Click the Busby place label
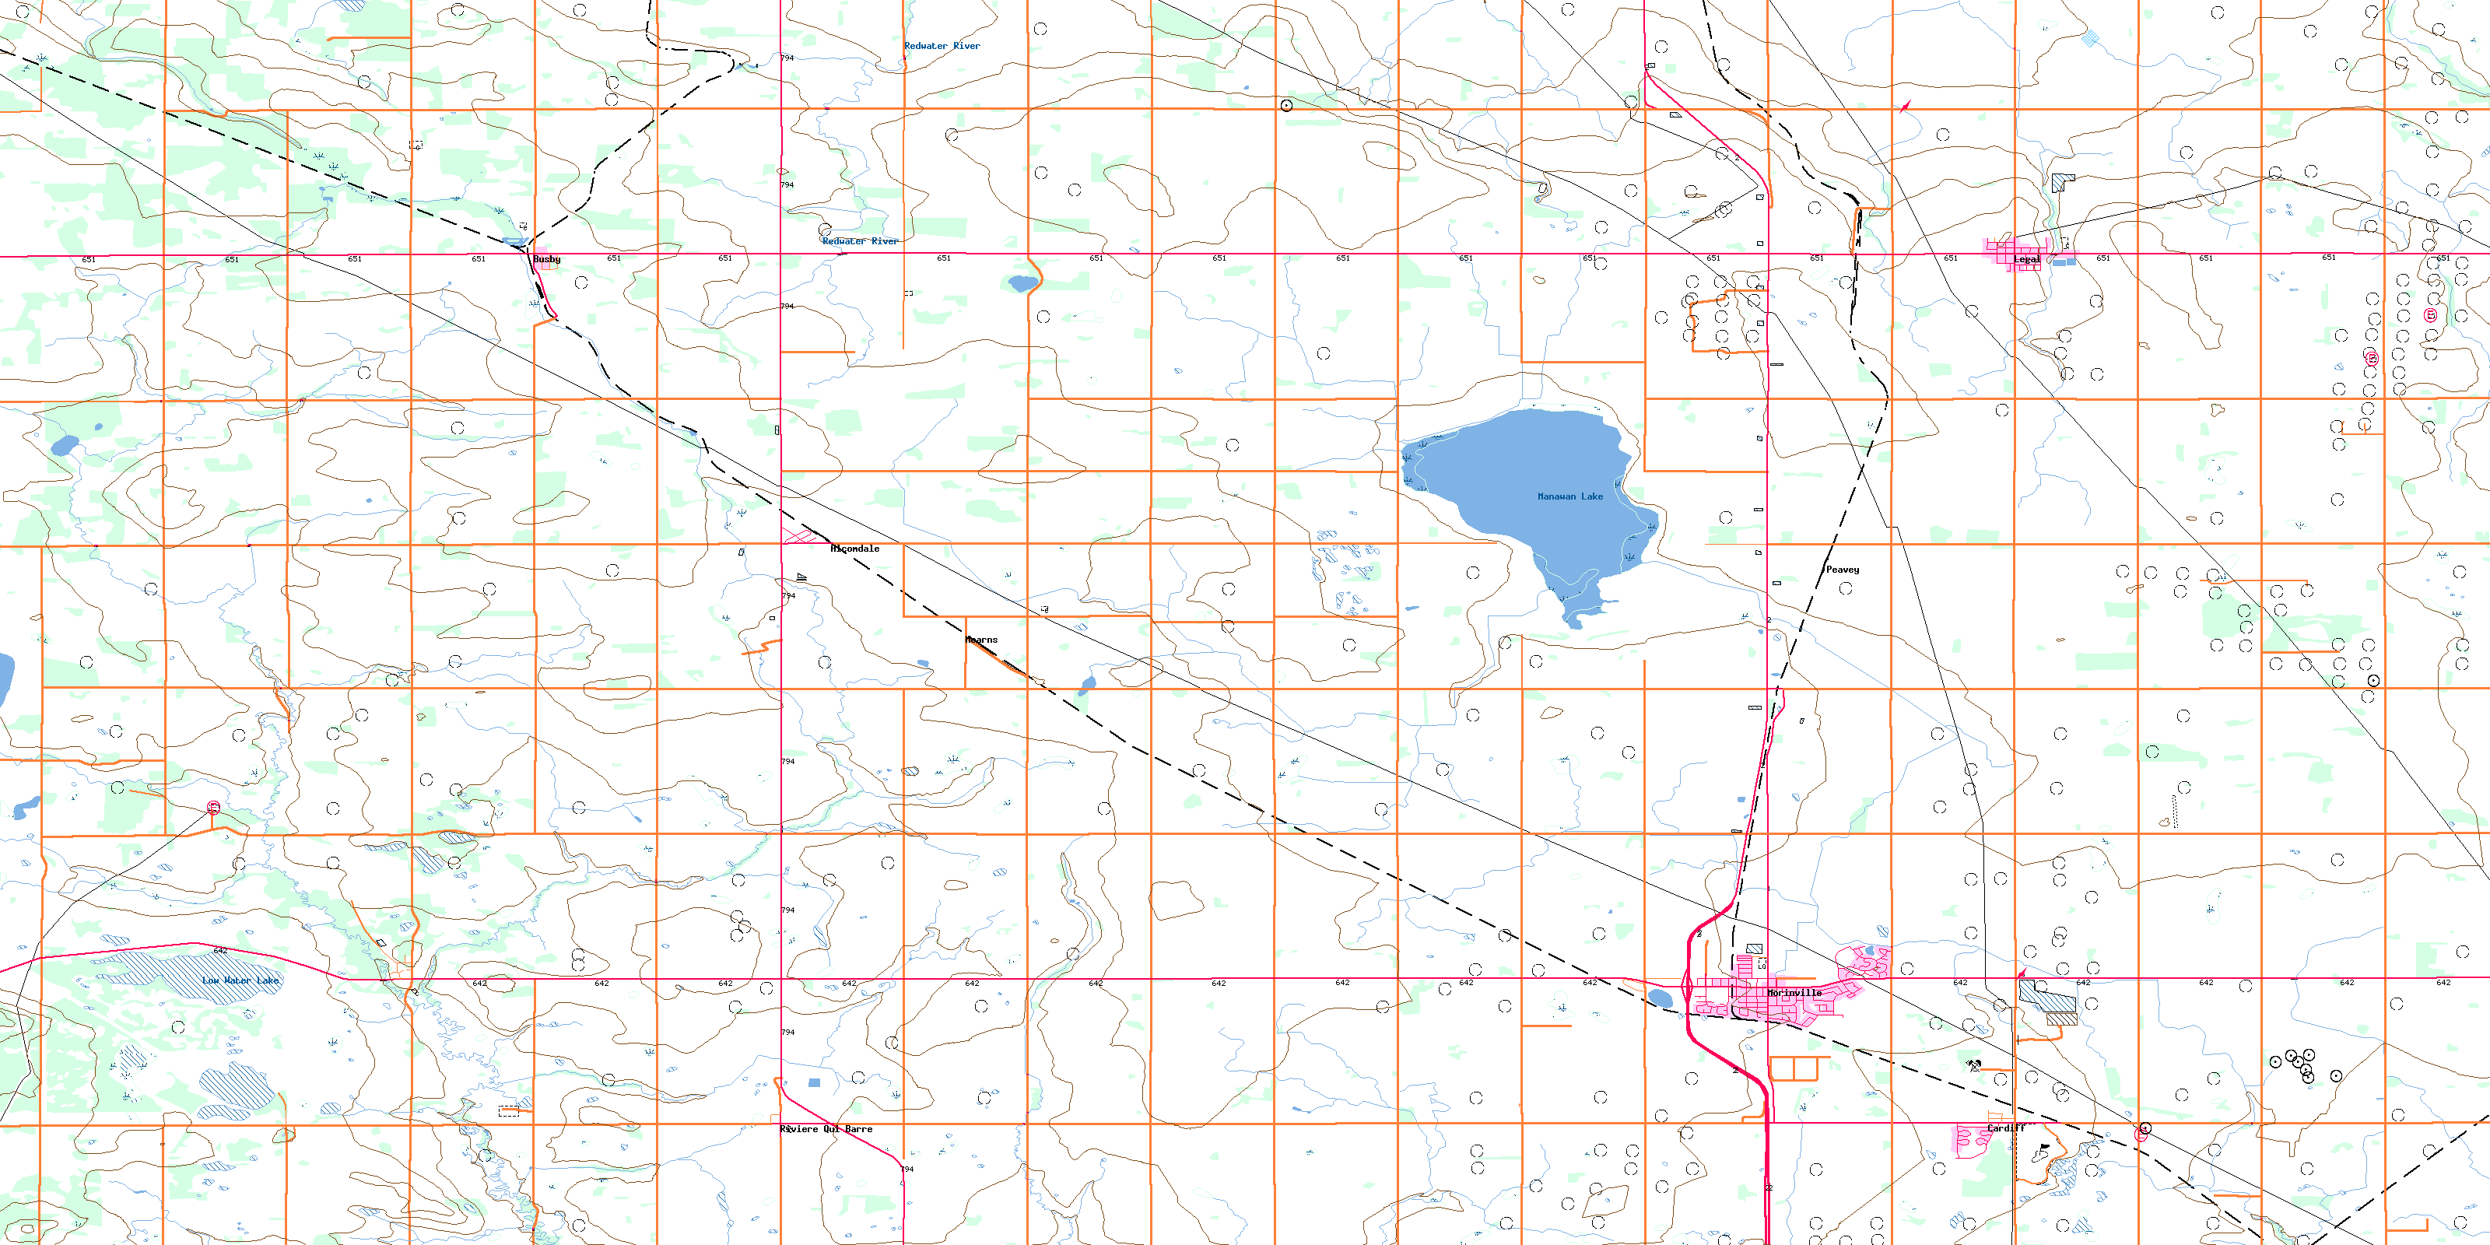pos(546,259)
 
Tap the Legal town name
pos(2026,259)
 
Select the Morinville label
pos(1794,993)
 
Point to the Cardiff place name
pos(2006,1128)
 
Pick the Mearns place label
pos(981,640)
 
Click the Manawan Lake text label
pos(1569,497)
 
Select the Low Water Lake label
pos(240,980)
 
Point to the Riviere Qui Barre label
pos(826,1129)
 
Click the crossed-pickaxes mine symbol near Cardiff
pos(1973,1065)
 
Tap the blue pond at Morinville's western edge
pos(1660,998)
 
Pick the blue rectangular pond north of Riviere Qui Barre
pos(814,1082)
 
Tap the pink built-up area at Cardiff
pos(1972,1141)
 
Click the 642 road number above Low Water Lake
pos(220,951)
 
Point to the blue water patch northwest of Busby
pos(514,242)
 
